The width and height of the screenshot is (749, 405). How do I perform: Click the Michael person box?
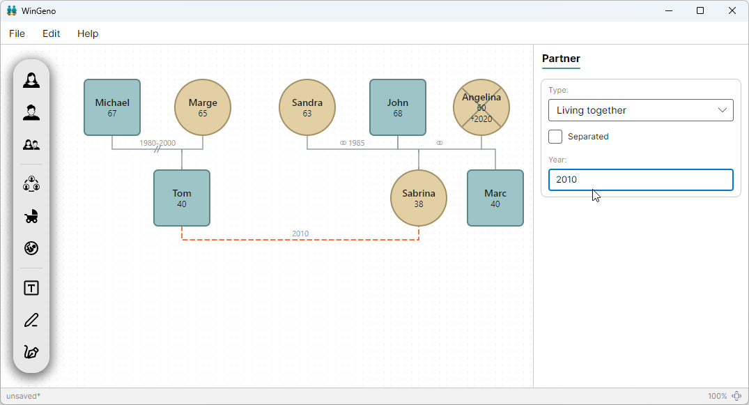pos(112,107)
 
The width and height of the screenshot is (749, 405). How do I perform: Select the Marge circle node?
pos(203,107)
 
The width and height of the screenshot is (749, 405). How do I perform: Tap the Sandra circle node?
pos(307,107)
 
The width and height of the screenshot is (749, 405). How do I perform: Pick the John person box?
pos(398,107)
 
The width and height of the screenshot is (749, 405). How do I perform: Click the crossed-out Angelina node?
pos(481,107)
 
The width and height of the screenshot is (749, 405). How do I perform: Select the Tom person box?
pos(182,198)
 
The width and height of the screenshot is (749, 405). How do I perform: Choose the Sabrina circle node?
pos(419,198)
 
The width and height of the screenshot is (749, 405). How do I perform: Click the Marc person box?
pos(495,198)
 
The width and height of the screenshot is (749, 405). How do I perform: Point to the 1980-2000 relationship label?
pos(157,143)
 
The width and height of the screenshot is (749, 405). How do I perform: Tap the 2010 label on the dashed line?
pos(300,234)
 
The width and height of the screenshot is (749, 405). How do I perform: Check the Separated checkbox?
pos(555,137)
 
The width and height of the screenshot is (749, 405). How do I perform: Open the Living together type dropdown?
pos(640,110)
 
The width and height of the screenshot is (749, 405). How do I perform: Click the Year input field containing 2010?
pos(640,180)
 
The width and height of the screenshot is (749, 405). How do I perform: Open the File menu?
pos(17,33)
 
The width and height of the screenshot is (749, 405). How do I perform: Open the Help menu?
pos(88,33)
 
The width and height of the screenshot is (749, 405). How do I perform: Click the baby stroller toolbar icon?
pos(31,217)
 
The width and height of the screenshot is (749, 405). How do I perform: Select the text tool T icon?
pos(31,289)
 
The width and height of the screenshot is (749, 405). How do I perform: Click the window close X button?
pos(732,10)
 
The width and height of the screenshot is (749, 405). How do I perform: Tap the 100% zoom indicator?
pos(718,396)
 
